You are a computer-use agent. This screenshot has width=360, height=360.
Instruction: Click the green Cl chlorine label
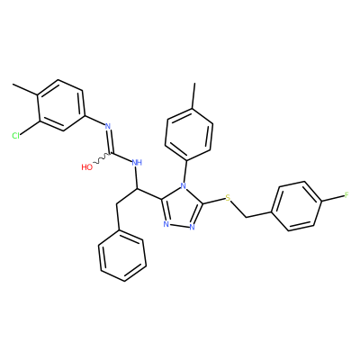15,136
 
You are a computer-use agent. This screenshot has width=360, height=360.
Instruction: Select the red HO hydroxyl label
87,167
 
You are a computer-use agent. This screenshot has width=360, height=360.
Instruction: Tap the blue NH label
137,163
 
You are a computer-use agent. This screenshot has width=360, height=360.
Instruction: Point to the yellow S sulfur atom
228,198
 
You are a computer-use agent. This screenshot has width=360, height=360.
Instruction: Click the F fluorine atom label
346,195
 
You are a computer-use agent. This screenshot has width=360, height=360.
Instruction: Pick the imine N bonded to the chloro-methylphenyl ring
108,126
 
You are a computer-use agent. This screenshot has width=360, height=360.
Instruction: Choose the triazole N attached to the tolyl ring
183,186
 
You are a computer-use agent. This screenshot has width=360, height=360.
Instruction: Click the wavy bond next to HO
102,158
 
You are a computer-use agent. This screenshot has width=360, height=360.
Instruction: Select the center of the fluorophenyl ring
297,206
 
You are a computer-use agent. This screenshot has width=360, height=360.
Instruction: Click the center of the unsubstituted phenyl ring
122,256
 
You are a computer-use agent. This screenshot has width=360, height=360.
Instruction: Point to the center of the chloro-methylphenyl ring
60,105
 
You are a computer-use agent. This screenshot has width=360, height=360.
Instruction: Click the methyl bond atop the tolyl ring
193,96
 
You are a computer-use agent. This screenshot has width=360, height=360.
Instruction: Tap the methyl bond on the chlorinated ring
25,90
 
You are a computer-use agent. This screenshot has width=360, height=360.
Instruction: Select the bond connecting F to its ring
333,199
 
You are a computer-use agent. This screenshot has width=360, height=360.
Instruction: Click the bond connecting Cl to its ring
29,128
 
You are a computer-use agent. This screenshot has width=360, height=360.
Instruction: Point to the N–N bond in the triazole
179,226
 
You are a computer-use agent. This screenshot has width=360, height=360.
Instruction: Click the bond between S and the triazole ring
214,202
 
